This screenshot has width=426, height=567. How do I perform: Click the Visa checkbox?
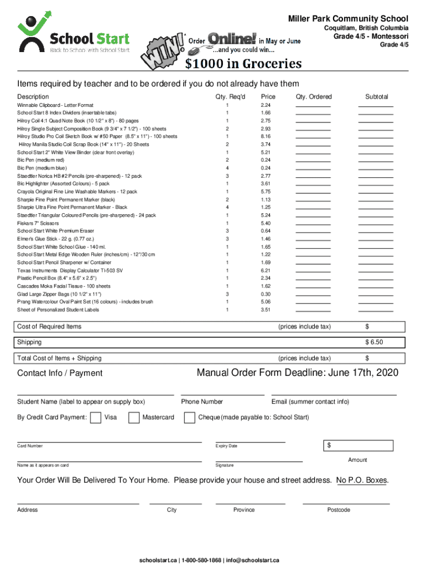click(95, 417)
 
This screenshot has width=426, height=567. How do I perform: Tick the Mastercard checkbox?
click(134, 417)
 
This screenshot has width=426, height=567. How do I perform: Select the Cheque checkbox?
click(189, 417)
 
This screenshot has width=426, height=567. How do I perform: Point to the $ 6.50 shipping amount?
click(374, 342)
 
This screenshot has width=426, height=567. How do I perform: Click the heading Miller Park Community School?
click(349, 19)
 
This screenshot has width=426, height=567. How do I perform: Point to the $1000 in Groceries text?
click(243, 64)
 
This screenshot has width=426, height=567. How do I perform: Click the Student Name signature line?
click(95, 394)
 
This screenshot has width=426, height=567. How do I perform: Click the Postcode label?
click(338, 510)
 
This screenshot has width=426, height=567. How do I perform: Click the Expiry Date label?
click(226, 446)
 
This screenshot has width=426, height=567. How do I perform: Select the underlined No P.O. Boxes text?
click(362, 480)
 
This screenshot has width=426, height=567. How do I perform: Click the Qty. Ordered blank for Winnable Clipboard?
click(313, 105)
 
